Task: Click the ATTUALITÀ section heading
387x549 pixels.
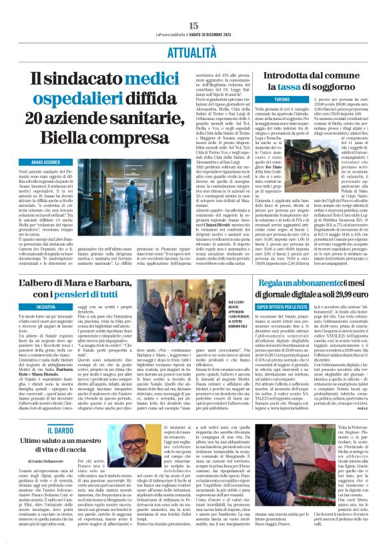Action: pos(193,51)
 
